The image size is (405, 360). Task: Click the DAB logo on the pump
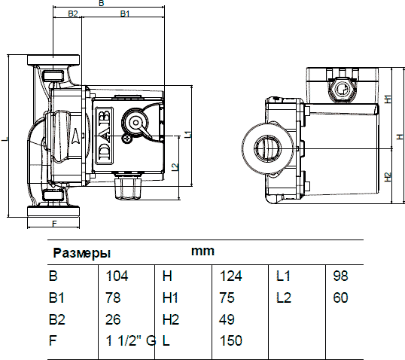tap(105, 136)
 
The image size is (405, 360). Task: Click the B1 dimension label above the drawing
tap(125, 14)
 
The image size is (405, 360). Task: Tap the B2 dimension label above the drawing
tap(72, 14)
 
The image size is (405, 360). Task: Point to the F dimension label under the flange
tap(54, 223)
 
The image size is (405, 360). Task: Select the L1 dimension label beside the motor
tap(188, 134)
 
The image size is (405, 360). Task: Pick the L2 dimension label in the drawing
tap(175, 166)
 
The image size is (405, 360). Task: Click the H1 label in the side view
tap(388, 99)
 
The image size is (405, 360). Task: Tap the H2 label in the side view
tap(388, 177)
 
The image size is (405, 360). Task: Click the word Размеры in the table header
tap(82, 253)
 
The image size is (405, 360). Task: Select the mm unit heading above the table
tap(202, 252)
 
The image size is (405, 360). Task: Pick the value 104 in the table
tap(117, 276)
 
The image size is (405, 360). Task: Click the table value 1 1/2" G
tap(131, 340)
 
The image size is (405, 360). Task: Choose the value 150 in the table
tap(231, 340)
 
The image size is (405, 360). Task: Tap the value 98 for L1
tap(340, 276)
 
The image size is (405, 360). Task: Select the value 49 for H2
tap(227, 319)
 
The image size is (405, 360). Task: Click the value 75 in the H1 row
tap(227, 297)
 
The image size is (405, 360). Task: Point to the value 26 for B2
tap(113, 319)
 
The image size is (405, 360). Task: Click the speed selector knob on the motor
tap(136, 122)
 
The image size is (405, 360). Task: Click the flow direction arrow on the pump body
tap(77, 135)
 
